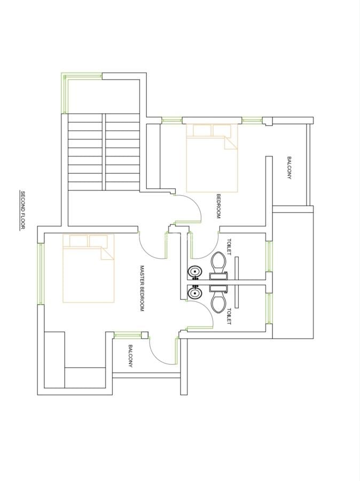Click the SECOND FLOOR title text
[x=22, y=210]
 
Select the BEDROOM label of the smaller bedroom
[x=218, y=206]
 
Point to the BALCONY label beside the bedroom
[x=289, y=168]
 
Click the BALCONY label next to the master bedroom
[x=130, y=356]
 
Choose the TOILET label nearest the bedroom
[x=229, y=246]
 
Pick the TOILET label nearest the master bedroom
[x=229, y=316]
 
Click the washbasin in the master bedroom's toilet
[x=194, y=293]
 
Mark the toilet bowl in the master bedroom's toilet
[x=218, y=302]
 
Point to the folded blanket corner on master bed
[x=107, y=254]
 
